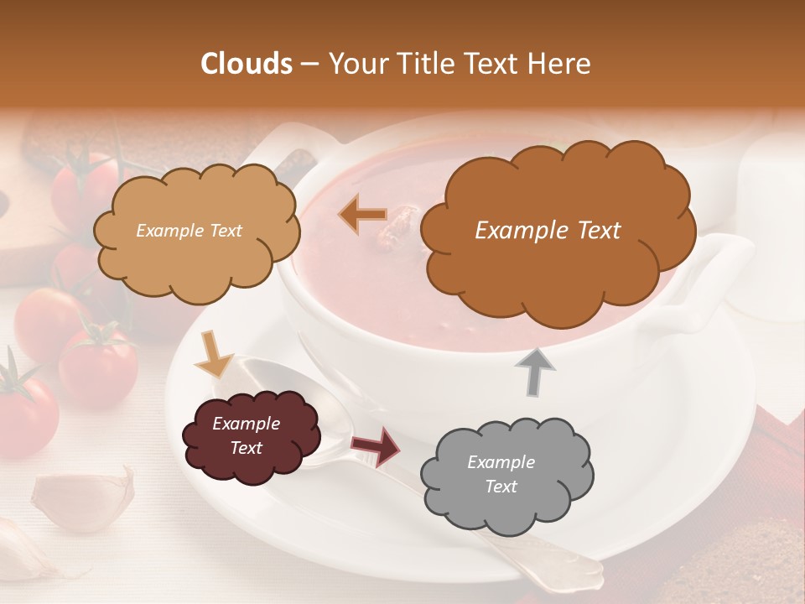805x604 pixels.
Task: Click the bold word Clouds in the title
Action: pos(247,64)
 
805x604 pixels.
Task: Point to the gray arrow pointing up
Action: pos(535,371)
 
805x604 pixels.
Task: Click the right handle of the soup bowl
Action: pos(713,285)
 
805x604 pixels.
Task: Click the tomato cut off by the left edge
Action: pos(25,411)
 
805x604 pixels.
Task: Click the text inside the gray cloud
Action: pos(501,474)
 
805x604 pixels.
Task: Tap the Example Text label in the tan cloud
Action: pos(190,230)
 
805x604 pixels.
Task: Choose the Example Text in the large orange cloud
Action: pos(548,230)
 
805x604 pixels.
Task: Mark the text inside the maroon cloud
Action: pos(246,435)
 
